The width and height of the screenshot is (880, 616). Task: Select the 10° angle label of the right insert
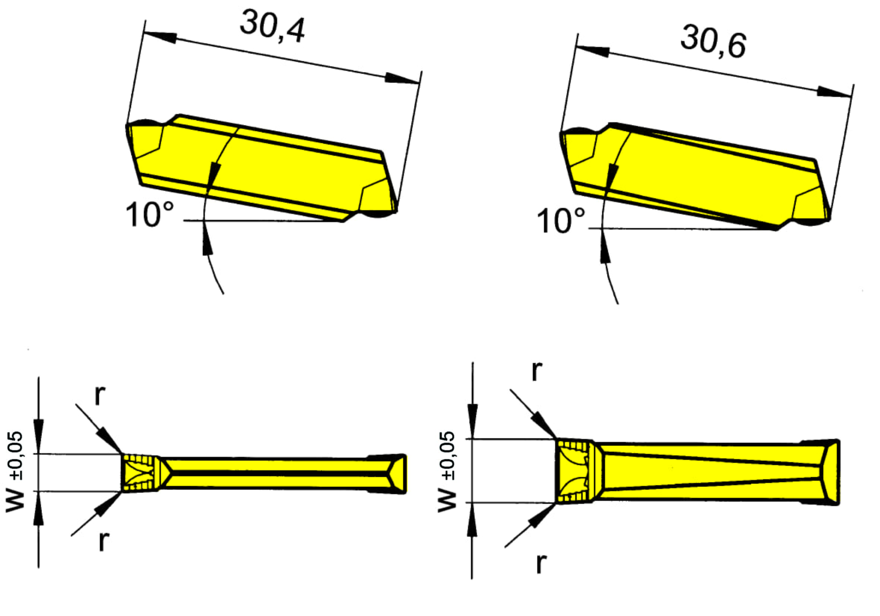561,221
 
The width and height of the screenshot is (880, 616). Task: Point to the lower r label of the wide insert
541,563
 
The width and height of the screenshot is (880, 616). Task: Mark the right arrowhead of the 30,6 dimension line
834,92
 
